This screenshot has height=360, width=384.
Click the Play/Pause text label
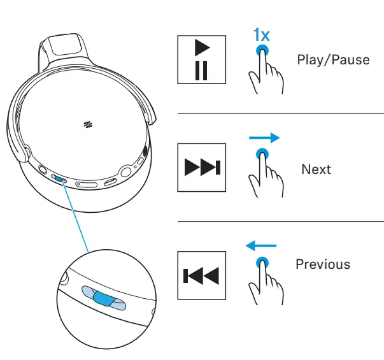point(333,60)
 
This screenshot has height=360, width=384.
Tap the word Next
point(316,169)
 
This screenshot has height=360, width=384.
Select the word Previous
point(323,264)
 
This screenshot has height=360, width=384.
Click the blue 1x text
point(260,34)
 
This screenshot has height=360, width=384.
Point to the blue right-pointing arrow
point(264,137)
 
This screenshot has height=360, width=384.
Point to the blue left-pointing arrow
point(261,244)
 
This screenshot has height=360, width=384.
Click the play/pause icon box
point(201,59)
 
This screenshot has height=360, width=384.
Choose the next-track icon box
point(201,168)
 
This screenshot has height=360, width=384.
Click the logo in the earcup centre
point(87,124)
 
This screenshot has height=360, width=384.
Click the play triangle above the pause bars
point(202,48)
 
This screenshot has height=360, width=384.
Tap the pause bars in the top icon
point(201,70)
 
